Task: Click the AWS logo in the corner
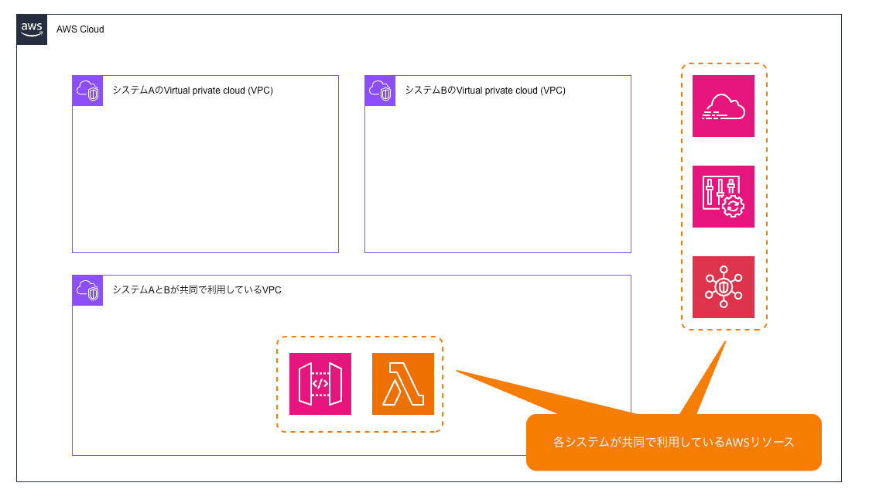click(x=32, y=29)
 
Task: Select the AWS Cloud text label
click(x=80, y=29)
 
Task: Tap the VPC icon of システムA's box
click(x=87, y=91)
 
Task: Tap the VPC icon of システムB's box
click(x=380, y=91)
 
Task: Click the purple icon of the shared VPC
click(x=87, y=290)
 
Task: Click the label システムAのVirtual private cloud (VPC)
click(x=193, y=91)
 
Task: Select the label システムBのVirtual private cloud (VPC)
click(x=485, y=91)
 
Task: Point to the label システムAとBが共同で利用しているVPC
click(x=197, y=290)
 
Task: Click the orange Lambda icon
click(x=403, y=384)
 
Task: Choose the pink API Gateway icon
click(x=320, y=384)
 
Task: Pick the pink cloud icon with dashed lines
click(x=724, y=106)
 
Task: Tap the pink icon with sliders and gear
click(x=724, y=197)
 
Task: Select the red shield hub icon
click(x=724, y=287)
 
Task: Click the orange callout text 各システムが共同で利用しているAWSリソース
click(x=673, y=443)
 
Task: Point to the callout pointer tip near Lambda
click(x=457, y=371)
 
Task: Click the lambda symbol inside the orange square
click(x=403, y=385)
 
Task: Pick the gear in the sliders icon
click(x=732, y=206)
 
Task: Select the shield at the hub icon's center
click(x=724, y=287)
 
